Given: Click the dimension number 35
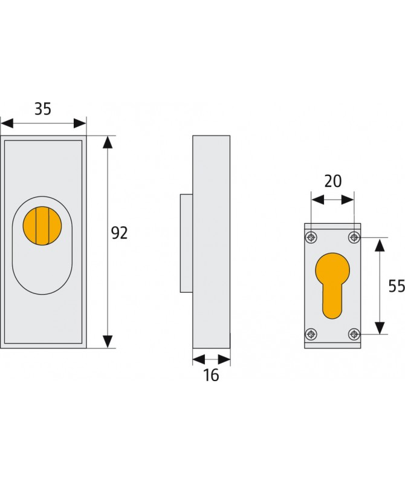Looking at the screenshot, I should (x=42, y=109).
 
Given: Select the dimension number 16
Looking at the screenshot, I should (x=211, y=375).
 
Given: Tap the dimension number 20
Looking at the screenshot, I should (x=332, y=180).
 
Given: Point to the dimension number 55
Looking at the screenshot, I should (x=396, y=286).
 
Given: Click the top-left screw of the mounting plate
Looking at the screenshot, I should (x=311, y=237).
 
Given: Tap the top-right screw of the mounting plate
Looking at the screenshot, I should (x=354, y=237).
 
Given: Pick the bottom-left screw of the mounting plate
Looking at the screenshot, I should (x=311, y=333).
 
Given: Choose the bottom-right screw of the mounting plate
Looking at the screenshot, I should (x=354, y=333).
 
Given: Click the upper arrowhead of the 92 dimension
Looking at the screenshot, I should (x=108, y=143).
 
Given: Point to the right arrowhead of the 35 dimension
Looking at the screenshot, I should (x=80, y=123).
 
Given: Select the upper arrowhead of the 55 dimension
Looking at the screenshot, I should (x=379, y=244).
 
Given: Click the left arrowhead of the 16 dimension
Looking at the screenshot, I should (x=198, y=359).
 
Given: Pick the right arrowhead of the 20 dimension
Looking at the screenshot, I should (x=349, y=199).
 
